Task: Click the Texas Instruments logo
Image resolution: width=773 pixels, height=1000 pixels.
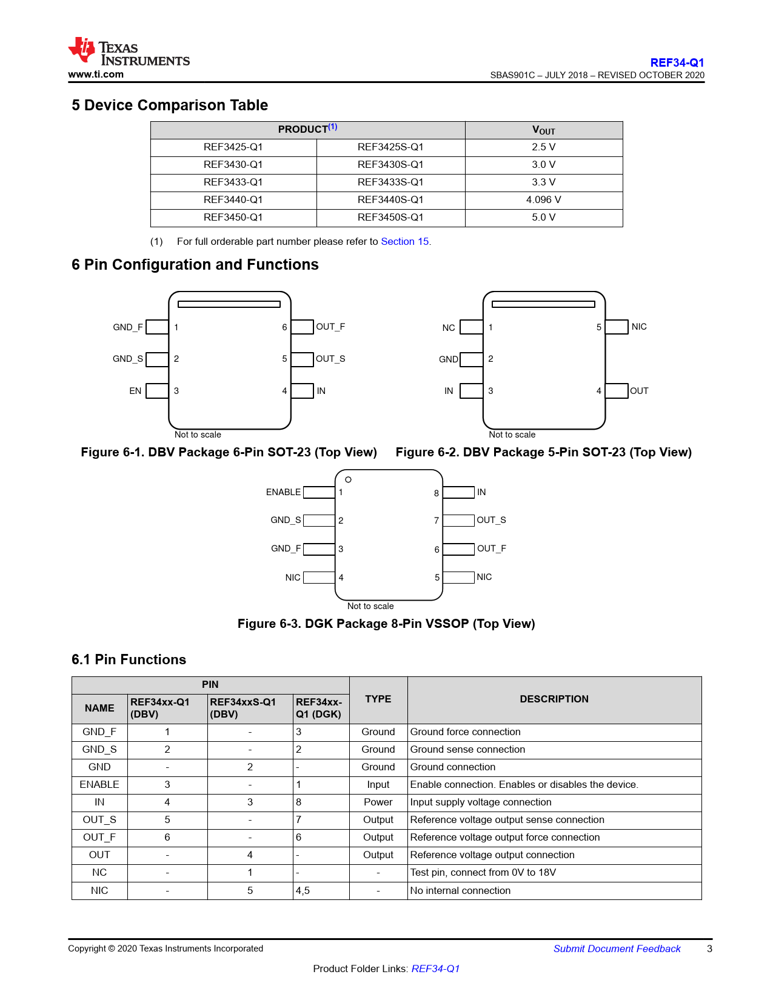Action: [x=129, y=52]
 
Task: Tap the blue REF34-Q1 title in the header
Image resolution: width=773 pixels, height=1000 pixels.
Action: [x=677, y=62]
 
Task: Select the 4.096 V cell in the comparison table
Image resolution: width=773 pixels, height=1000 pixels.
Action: [x=543, y=200]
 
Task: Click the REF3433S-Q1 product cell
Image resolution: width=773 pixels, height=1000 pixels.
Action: [x=390, y=182]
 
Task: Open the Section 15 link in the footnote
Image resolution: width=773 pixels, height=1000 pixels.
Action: [x=404, y=242]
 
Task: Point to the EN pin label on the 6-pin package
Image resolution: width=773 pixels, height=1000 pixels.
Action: [x=135, y=391]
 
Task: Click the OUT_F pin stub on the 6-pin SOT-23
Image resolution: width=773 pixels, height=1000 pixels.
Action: [x=302, y=327]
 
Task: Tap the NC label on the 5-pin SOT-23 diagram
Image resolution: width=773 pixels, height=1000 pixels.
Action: [x=449, y=328]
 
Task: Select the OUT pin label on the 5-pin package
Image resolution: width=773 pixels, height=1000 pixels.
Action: [x=638, y=391]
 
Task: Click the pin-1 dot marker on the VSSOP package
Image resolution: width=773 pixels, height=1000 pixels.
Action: [x=348, y=479]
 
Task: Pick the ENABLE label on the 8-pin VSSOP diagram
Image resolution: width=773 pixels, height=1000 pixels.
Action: [x=283, y=492]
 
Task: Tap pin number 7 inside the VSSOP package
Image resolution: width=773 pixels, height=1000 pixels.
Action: [x=436, y=521]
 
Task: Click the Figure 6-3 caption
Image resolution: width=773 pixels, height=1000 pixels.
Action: [x=386, y=624]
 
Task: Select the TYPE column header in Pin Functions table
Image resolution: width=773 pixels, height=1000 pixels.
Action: [x=378, y=699]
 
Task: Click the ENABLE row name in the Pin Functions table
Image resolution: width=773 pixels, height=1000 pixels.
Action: [x=99, y=784]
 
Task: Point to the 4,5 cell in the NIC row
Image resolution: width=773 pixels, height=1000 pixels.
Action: [x=303, y=890]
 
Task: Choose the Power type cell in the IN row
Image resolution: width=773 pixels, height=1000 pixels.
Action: [x=378, y=802]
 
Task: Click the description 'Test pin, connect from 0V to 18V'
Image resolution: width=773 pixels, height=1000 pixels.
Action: [x=483, y=873]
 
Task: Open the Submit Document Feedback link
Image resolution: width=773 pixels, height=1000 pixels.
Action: [x=617, y=948]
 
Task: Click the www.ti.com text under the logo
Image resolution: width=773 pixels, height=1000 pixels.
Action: [x=96, y=74]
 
